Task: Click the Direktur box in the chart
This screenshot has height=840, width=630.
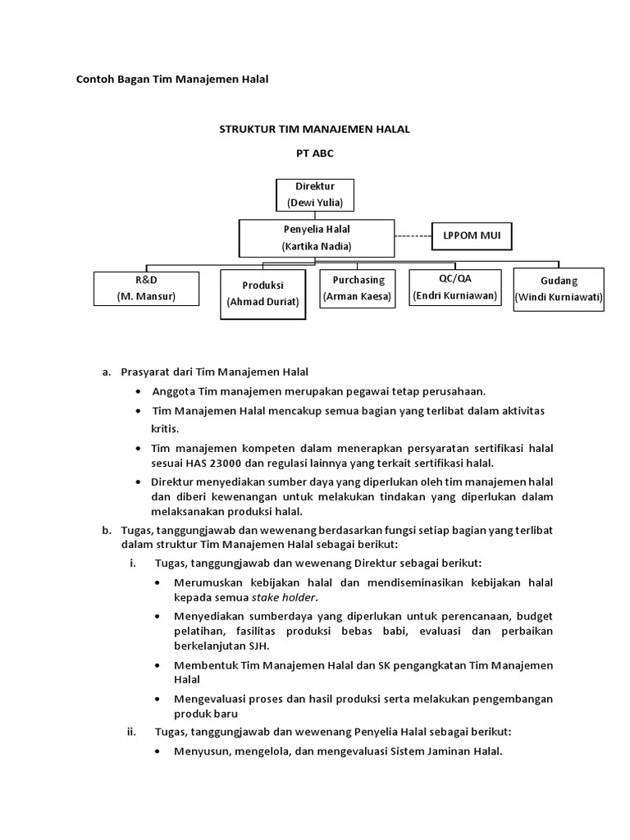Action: pyautogui.click(x=315, y=194)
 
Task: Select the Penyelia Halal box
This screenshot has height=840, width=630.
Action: pyautogui.click(x=316, y=238)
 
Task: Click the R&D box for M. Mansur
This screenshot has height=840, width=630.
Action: pyautogui.click(x=145, y=288)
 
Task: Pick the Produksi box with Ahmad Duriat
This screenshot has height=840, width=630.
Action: pyautogui.click(x=262, y=293)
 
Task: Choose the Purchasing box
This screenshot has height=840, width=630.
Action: pyautogui.click(x=358, y=287)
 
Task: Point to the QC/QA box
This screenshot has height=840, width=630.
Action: pyautogui.click(x=454, y=287)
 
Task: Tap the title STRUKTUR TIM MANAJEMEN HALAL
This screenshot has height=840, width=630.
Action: pyautogui.click(x=315, y=129)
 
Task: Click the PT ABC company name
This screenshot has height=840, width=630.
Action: pyautogui.click(x=315, y=153)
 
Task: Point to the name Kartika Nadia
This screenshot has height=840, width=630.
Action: pyautogui.click(x=316, y=246)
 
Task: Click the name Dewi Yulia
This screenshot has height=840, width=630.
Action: pyautogui.click(x=315, y=202)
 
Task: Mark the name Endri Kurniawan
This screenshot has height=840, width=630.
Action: pyautogui.click(x=454, y=295)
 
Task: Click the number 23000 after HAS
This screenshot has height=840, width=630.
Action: pyautogui.click(x=235, y=463)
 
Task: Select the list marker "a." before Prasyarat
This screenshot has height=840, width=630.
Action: pyautogui.click(x=107, y=372)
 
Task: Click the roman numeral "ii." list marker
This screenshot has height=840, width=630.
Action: pyautogui.click(x=130, y=732)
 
